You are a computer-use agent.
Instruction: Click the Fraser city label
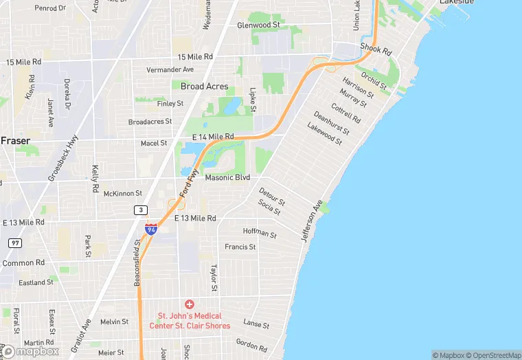pos(15,140)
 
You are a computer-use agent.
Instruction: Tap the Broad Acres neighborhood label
pos(205,87)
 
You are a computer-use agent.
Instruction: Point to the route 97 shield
pos(15,243)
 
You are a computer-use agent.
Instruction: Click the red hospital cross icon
pos(190,304)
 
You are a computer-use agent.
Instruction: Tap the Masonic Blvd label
pos(227,177)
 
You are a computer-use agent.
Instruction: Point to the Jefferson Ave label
pos(311,220)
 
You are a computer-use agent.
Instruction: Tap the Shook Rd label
pos(376,52)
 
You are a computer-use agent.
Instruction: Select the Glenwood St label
pos(259,25)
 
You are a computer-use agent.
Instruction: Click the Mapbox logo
pos(31,350)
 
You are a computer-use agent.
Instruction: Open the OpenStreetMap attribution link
pos(492,355)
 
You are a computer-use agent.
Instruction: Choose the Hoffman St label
pos(260,234)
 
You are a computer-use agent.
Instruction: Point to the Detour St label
pos(272,194)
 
